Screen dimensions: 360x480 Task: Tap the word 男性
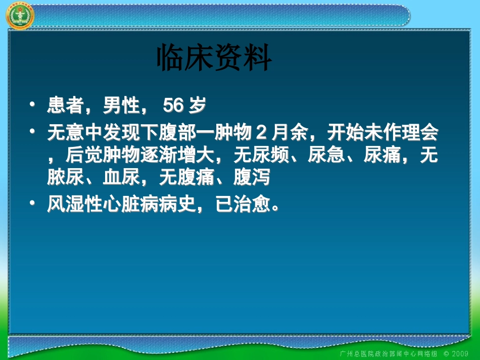(121, 107)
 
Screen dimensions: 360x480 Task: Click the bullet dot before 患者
(33, 105)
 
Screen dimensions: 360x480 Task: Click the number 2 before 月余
(261, 135)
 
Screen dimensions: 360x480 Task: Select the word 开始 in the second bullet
(345, 135)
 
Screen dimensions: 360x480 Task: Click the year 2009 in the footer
(459, 352)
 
